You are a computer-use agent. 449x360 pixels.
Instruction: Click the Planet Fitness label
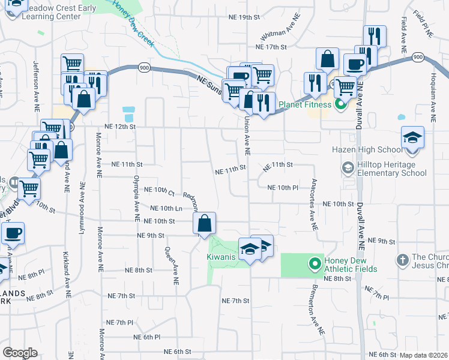click(x=305, y=104)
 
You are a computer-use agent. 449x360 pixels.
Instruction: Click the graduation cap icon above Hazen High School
click(x=413, y=138)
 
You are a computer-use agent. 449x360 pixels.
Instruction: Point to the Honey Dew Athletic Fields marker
click(x=313, y=263)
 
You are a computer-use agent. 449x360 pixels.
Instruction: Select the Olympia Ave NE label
click(x=137, y=196)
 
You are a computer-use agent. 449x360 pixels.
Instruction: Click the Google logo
click(x=20, y=352)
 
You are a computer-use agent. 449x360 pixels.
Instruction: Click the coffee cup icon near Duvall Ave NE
click(x=354, y=64)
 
